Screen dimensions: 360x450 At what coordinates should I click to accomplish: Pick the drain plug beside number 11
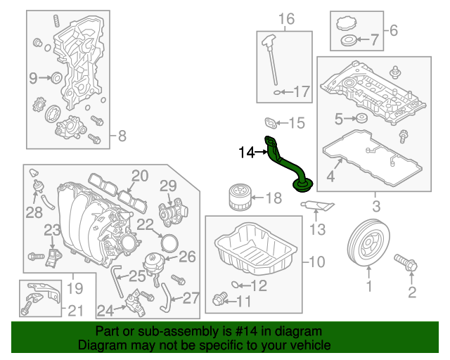coord(219,301)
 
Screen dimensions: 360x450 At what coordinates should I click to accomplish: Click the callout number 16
coord(286,19)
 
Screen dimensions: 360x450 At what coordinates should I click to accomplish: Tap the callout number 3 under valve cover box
coord(375,207)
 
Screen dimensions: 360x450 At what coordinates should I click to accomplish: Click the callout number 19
coord(75,288)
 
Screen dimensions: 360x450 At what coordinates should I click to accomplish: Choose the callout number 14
coord(246,151)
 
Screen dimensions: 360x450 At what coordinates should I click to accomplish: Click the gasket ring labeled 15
coord(271,123)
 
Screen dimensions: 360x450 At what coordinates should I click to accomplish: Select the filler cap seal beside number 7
coord(347,41)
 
